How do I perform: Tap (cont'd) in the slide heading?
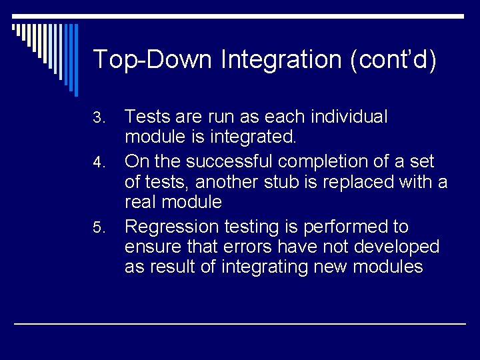coord(393,59)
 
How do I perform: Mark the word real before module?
coord(141,203)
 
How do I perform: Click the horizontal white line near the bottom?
coord(240,323)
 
